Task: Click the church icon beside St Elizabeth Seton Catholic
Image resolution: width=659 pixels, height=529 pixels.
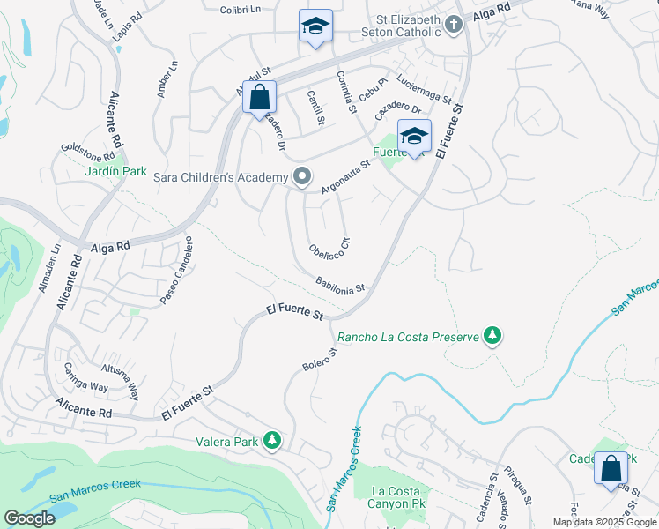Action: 453,24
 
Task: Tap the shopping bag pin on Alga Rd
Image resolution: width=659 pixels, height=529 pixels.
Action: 260,97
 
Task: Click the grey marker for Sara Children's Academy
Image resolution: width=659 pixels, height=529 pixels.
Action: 302,177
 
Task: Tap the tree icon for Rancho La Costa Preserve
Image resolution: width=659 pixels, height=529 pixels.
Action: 493,336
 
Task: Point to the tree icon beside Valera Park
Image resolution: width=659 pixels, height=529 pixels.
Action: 273,440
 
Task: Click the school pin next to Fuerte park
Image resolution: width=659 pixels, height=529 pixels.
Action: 414,136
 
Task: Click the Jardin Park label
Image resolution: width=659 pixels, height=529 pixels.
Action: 115,172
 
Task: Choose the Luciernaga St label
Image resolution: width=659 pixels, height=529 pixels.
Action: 424,88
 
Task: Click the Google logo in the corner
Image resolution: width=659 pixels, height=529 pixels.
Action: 30,518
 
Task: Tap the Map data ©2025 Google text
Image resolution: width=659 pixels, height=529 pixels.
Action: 604,522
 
